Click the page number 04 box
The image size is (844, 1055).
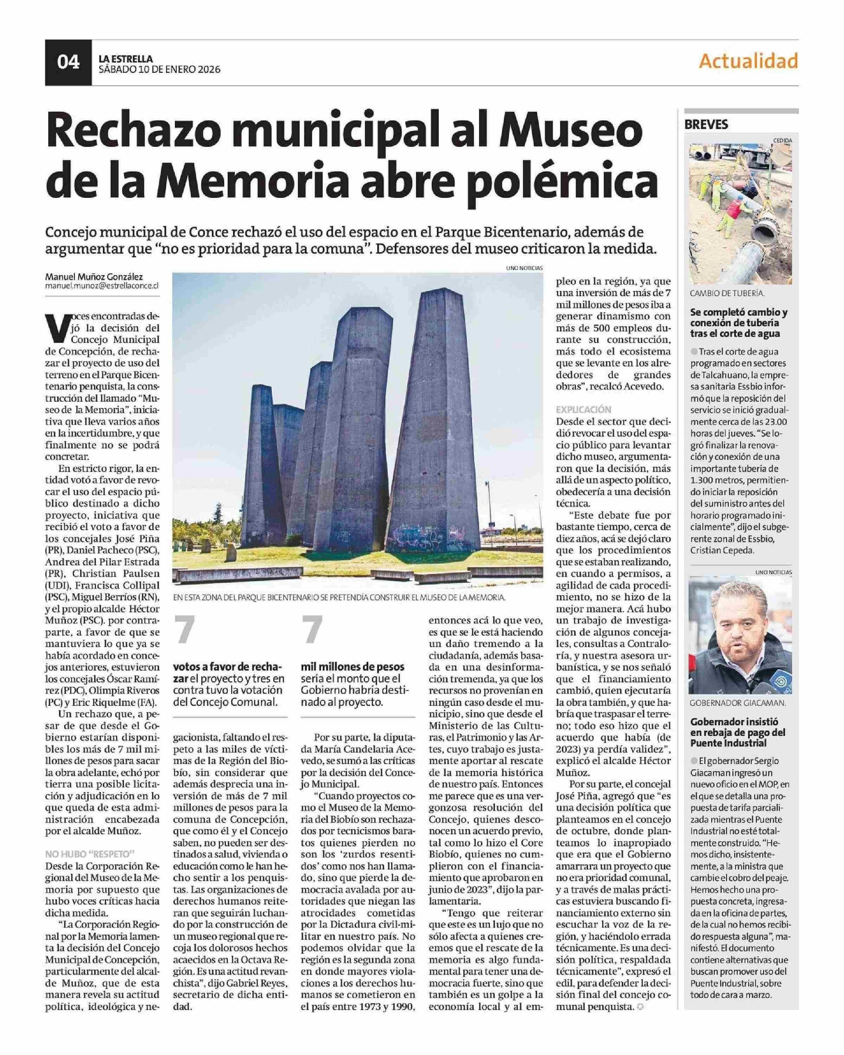pyautogui.click(x=68, y=62)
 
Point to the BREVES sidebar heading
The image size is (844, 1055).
pyautogui.click(x=706, y=124)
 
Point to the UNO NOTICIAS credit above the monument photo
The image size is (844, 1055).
pyautogui.click(x=524, y=268)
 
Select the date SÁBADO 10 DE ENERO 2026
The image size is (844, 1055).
pyautogui.click(x=160, y=70)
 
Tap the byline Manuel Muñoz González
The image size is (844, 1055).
pyautogui.click(x=94, y=277)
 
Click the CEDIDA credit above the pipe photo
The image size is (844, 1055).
pyautogui.click(x=782, y=140)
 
